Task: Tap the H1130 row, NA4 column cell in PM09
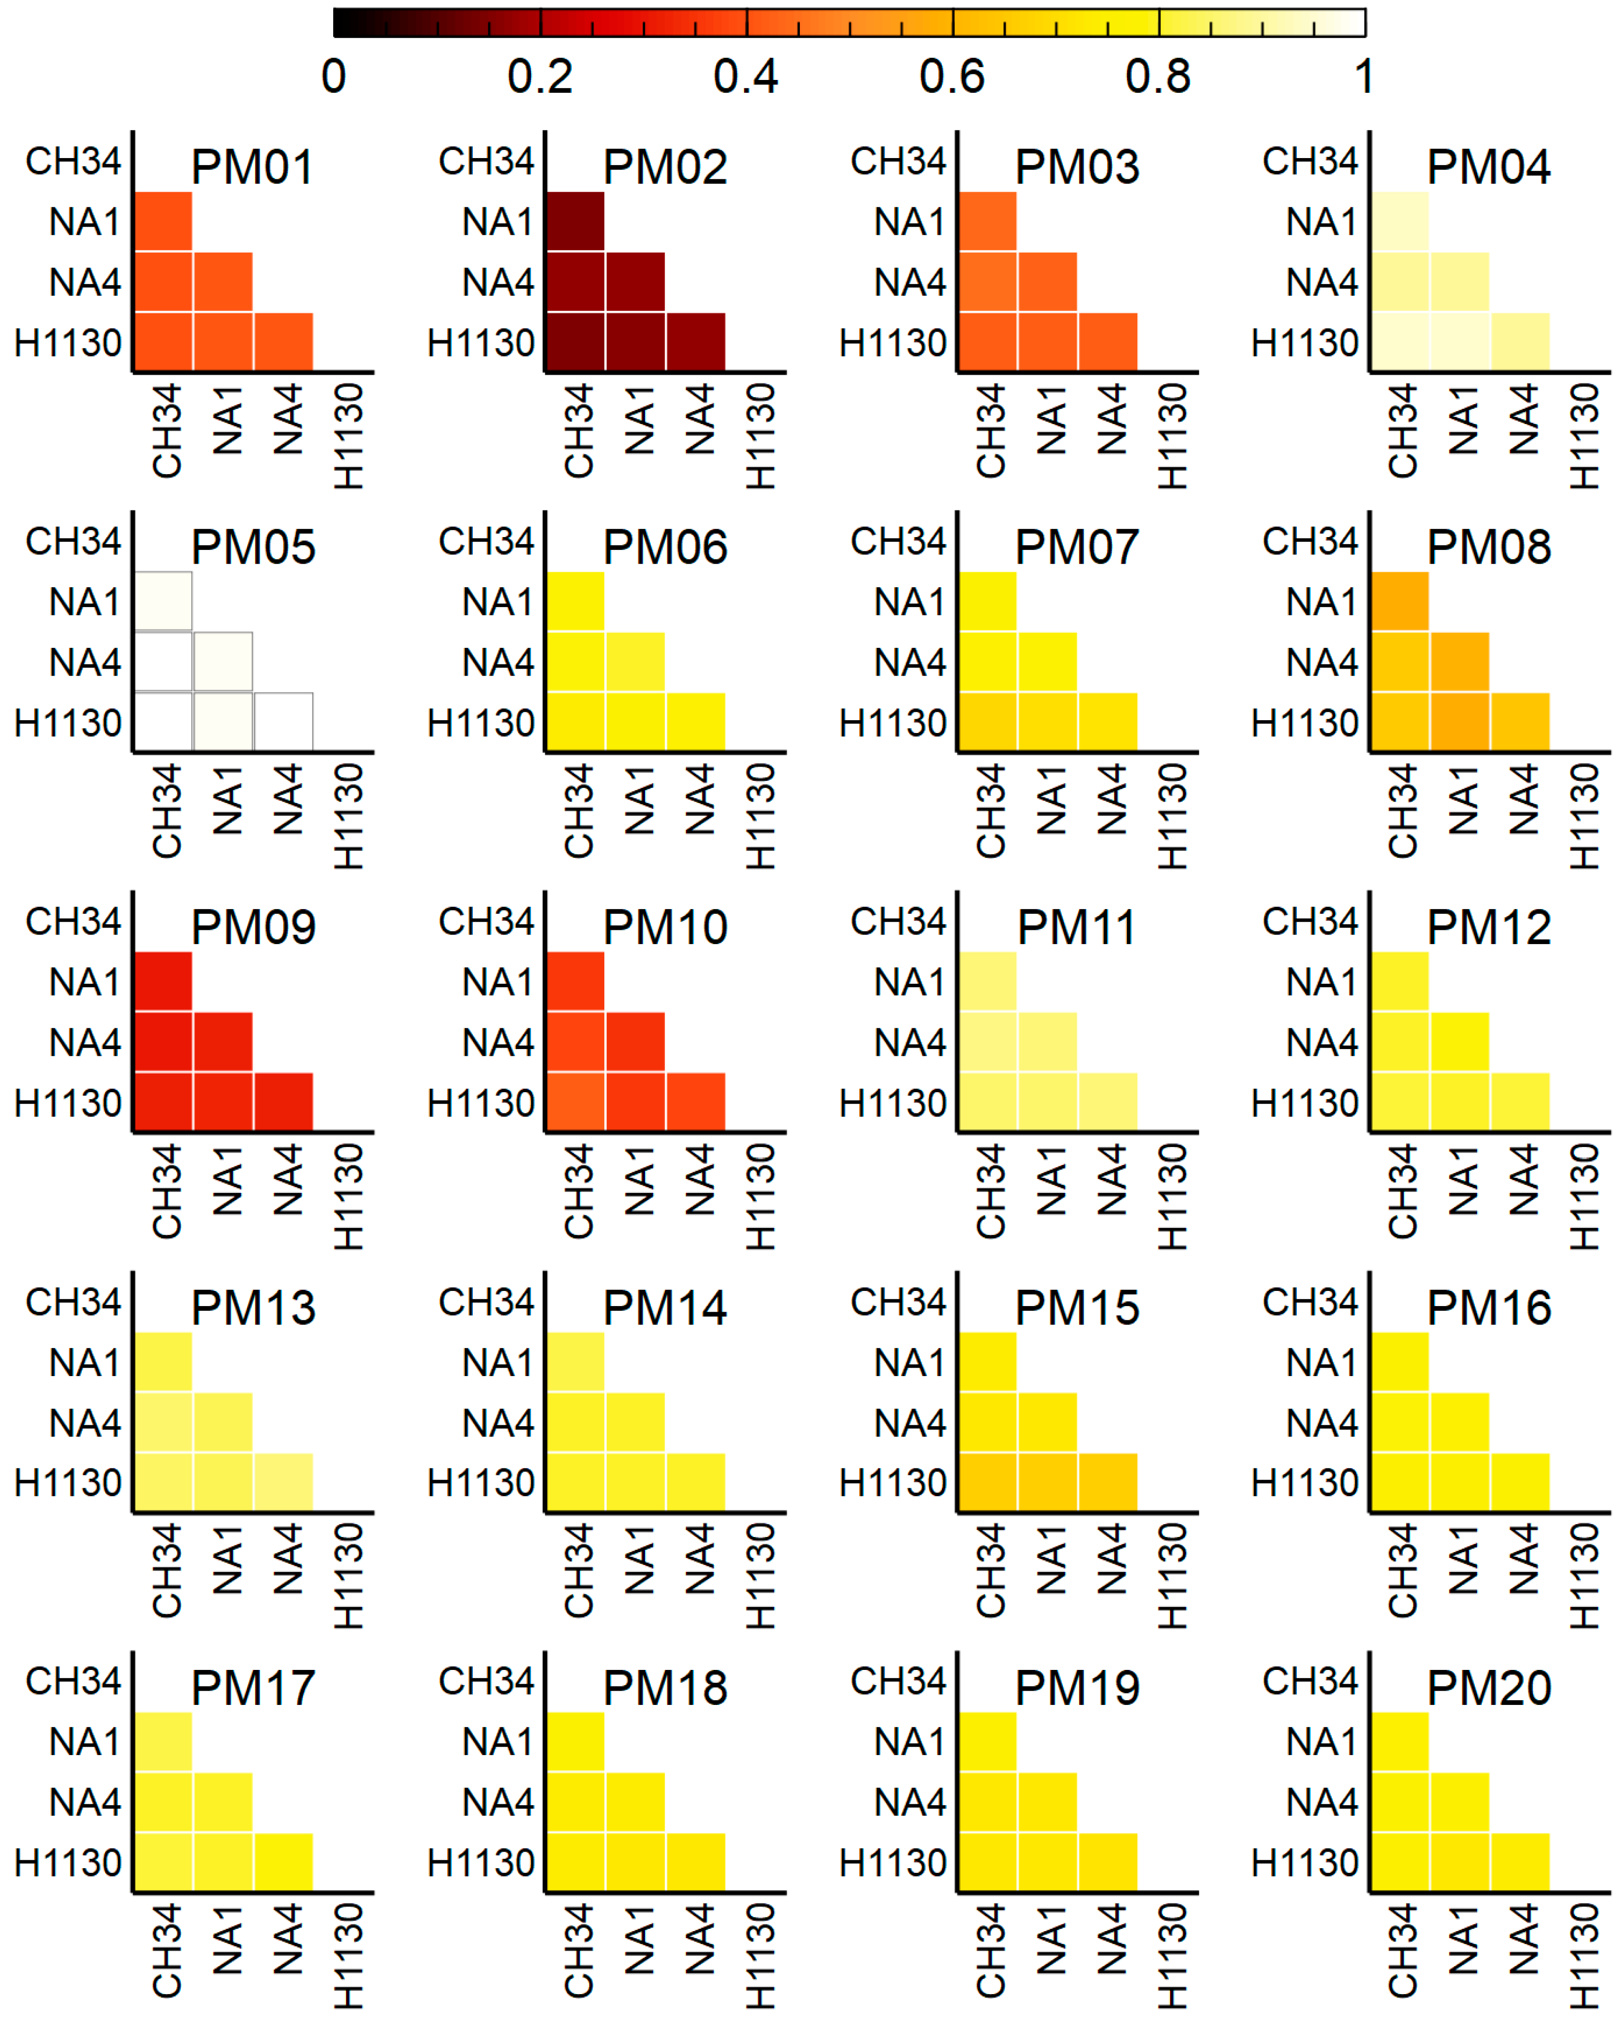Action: [284, 1102]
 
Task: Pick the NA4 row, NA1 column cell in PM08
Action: [1460, 662]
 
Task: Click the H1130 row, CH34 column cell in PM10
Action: [575, 1102]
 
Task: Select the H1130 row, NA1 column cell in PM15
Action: [1047, 1483]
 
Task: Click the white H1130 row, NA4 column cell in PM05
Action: [284, 722]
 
